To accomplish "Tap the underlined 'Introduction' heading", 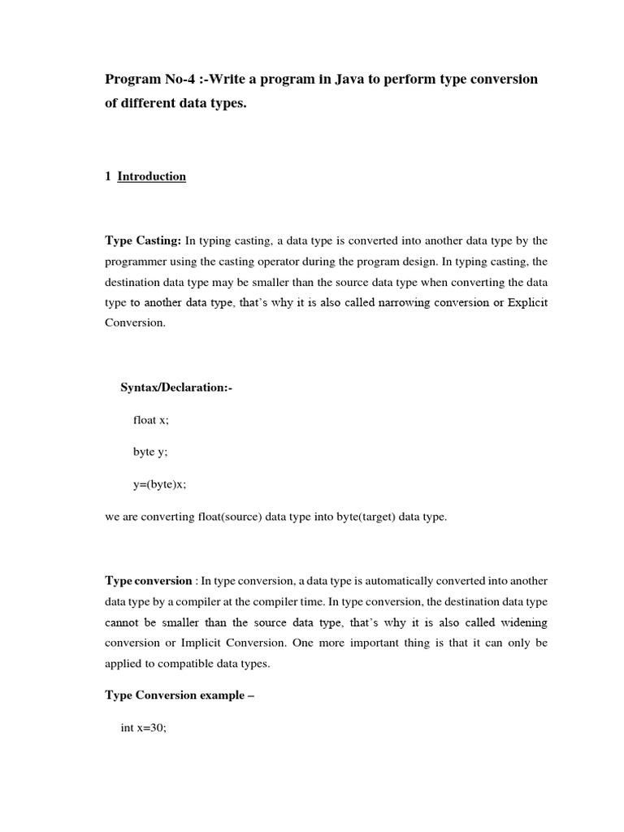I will pos(152,176).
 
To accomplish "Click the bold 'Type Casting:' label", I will pos(143,240).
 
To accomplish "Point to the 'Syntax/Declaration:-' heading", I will pos(176,388).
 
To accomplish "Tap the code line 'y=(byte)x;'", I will pos(160,484).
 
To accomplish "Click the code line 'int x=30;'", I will pos(144,728).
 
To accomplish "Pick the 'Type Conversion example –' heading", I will pos(180,695).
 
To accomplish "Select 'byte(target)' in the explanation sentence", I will pos(353,517).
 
